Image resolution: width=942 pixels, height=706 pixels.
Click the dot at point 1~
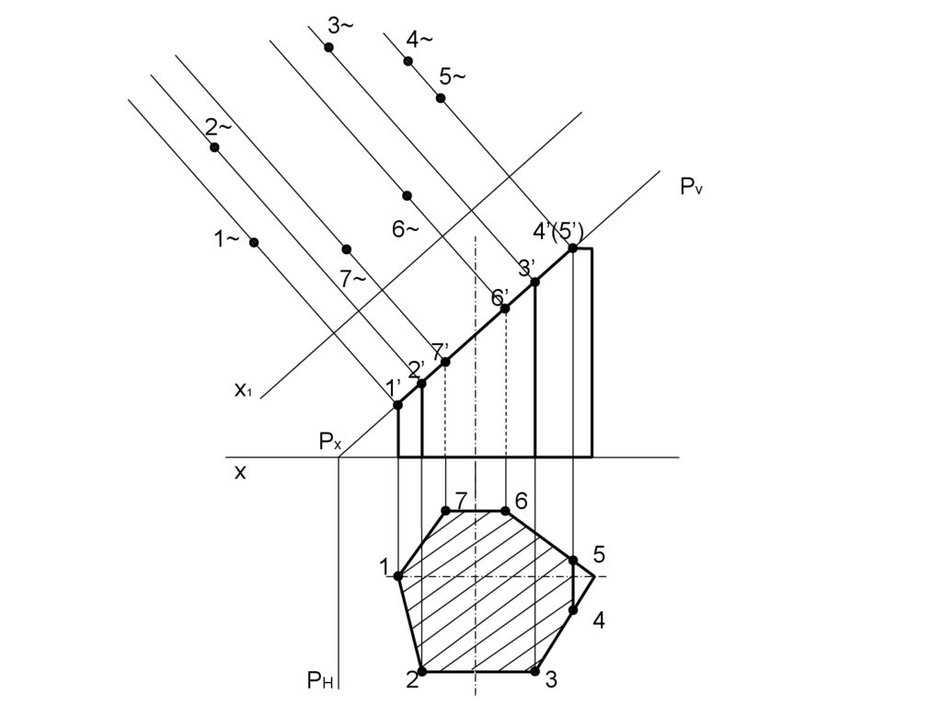click(x=254, y=242)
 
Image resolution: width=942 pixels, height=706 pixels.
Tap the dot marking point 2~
click(x=214, y=147)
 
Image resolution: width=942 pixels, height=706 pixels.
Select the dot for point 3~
click(x=328, y=47)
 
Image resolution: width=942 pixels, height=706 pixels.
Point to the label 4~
click(x=419, y=39)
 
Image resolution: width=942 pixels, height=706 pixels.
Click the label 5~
click(x=452, y=76)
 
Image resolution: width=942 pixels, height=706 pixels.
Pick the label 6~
click(x=406, y=229)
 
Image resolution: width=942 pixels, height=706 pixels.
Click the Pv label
click(x=692, y=187)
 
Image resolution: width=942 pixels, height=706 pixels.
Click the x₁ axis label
click(x=242, y=389)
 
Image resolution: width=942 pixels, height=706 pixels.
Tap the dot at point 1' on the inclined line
click(x=397, y=405)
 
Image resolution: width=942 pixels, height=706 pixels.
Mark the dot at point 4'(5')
click(x=572, y=248)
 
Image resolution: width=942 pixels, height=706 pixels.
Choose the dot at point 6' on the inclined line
click(x=505, y=308)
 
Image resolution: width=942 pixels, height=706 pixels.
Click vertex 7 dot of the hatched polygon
click(x=445, y=510)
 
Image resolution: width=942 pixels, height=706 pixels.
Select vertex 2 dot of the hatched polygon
click(x=421, y=671)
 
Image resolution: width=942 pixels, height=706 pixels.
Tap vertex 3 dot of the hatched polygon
click(x=534, y=671)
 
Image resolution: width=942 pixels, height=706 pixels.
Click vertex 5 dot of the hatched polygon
click(x=572, y=560)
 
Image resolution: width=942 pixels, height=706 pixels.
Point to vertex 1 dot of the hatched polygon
click(x=397, y=575)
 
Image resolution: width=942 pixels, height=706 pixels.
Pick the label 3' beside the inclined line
click(x=526, y=268)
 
